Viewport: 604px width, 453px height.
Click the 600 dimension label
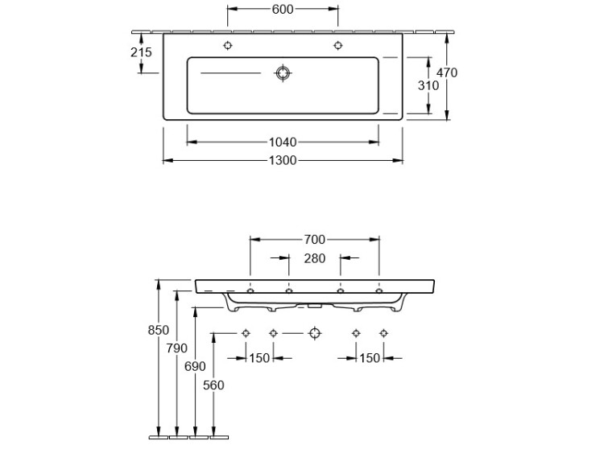click(x=283, y=9)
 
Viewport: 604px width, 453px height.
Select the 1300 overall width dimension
click(x=283, y=160)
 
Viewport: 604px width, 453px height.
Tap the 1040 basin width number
click(x=283, y=142)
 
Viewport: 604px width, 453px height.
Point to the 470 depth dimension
click(x=447, y=72)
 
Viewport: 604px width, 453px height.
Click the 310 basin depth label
click(x=428, y=85)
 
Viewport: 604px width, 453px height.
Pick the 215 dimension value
click(x=142, y=52)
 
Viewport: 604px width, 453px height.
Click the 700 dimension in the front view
click(x=315, y=240)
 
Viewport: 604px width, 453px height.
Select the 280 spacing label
click(x=315, y=258)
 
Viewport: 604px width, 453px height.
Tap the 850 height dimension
click(x=159, y=330)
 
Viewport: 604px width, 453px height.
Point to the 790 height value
click(x=177, y=348)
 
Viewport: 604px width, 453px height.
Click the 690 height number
click(x=196, y=366)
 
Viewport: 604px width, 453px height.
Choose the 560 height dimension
click(x=213, y=385)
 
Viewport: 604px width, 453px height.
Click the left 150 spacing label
click(x=259, y=358)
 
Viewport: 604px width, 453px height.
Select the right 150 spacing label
click(x=370, y=358)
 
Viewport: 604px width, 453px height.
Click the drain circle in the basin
click(x=283, y=72)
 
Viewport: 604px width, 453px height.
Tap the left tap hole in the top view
click(x=228, y=45)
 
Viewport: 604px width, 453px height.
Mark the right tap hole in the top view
click(x=337, y=45)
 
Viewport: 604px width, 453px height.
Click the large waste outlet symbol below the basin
click(x=315, y=333)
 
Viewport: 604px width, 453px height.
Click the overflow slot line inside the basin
click(x=231, y=72)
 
